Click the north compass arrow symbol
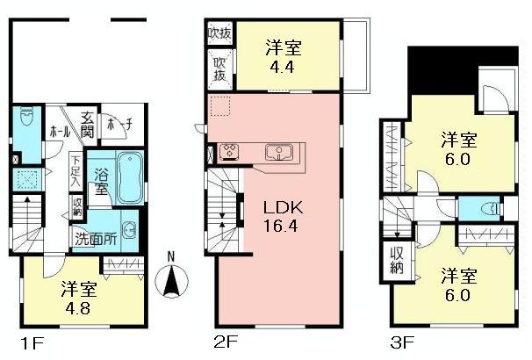tap(171, 282)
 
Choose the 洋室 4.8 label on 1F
tap(79, 296)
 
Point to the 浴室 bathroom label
tap(102, 180)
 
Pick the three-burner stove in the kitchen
tap(231, 151)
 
